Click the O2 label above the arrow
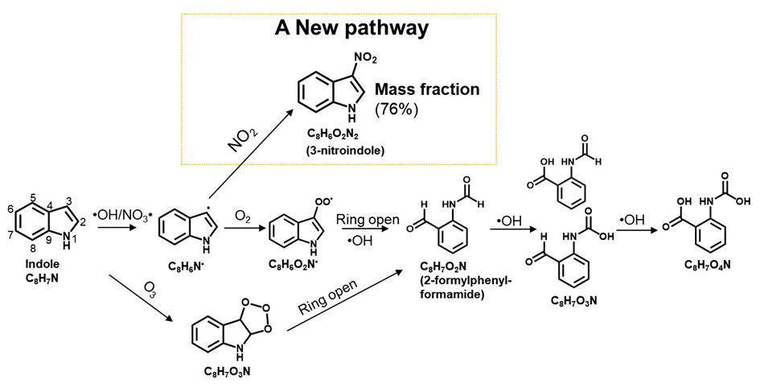coord(240,213)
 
